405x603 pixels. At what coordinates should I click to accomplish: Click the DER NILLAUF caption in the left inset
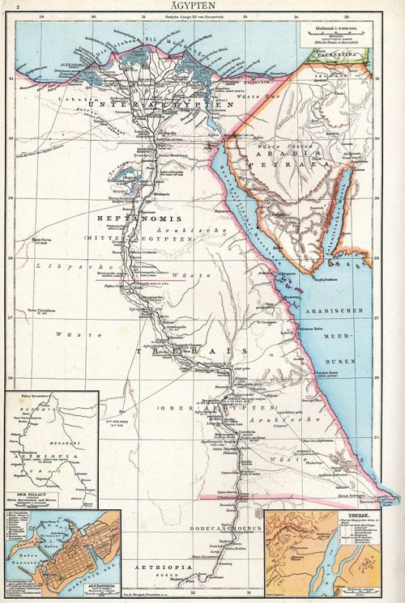pos(25,490)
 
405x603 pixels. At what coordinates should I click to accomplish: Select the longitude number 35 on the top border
pos(347,15)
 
